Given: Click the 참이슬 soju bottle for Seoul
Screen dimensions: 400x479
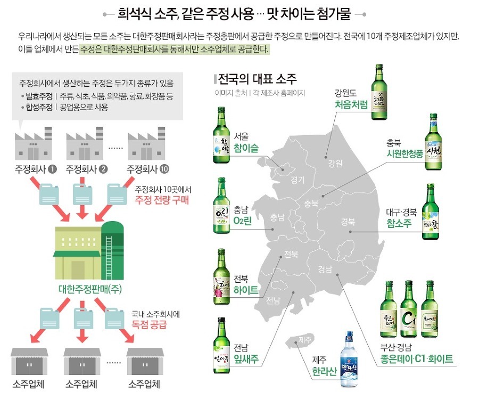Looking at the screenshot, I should pyautogui.click(x=222, y=135).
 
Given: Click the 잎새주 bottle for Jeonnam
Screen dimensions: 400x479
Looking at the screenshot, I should pyautogui.click(x=223, y=344).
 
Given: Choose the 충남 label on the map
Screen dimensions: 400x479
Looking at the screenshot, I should pyautogui.click(x=277, y=217).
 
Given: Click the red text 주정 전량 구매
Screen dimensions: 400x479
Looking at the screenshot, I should pyautogui.click(x=162, y=201).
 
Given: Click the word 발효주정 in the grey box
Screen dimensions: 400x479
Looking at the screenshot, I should pyautogui.click(x=38, y=96).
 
